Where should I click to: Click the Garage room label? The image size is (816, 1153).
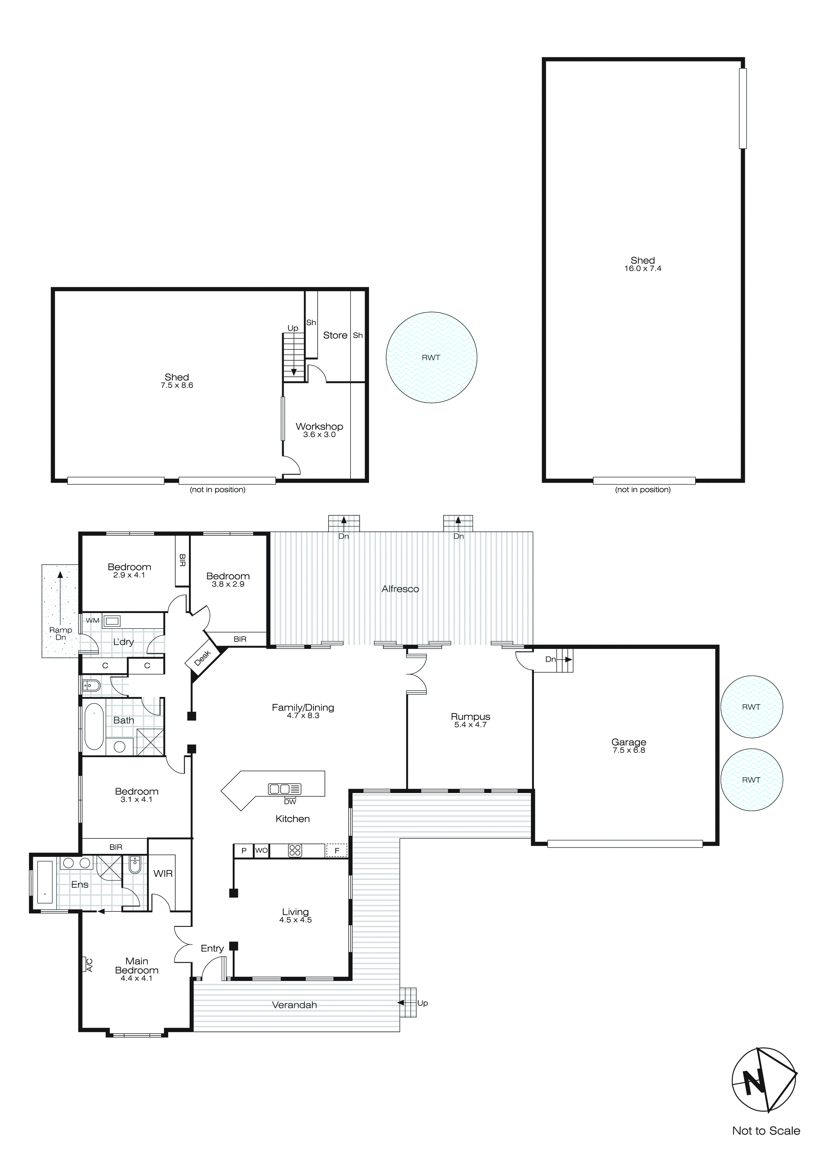click(x=629, y=742)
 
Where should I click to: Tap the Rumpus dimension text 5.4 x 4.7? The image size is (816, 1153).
click(x=470, y=725)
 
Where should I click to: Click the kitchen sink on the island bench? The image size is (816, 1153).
click(x=284, y=789)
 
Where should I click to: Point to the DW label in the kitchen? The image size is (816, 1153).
click(x=290, y=802)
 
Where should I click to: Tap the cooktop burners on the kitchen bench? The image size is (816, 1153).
click(x=295, y=850)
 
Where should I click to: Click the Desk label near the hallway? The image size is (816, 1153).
click(x=202, y=658)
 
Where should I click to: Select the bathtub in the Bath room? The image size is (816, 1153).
click(x=94, y=726)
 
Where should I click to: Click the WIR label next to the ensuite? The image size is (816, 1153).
click(x=163, y=873)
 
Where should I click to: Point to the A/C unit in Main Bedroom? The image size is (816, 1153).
click(x=89, y=965)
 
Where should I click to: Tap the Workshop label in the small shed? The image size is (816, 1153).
click(x=319, y=426)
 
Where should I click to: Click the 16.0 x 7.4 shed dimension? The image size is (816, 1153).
click(x=643, y=269)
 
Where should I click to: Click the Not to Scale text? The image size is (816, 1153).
click(x=766, y=1130)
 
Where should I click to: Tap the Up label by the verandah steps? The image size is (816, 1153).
click(x=423, y=1003)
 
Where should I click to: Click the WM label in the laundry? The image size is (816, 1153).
click(x=92, y=620)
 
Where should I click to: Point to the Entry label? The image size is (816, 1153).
click(x=212, y=948)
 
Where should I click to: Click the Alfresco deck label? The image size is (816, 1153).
click(x=400, y=589)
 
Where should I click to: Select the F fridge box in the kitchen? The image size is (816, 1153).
click(x=337, y=850)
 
